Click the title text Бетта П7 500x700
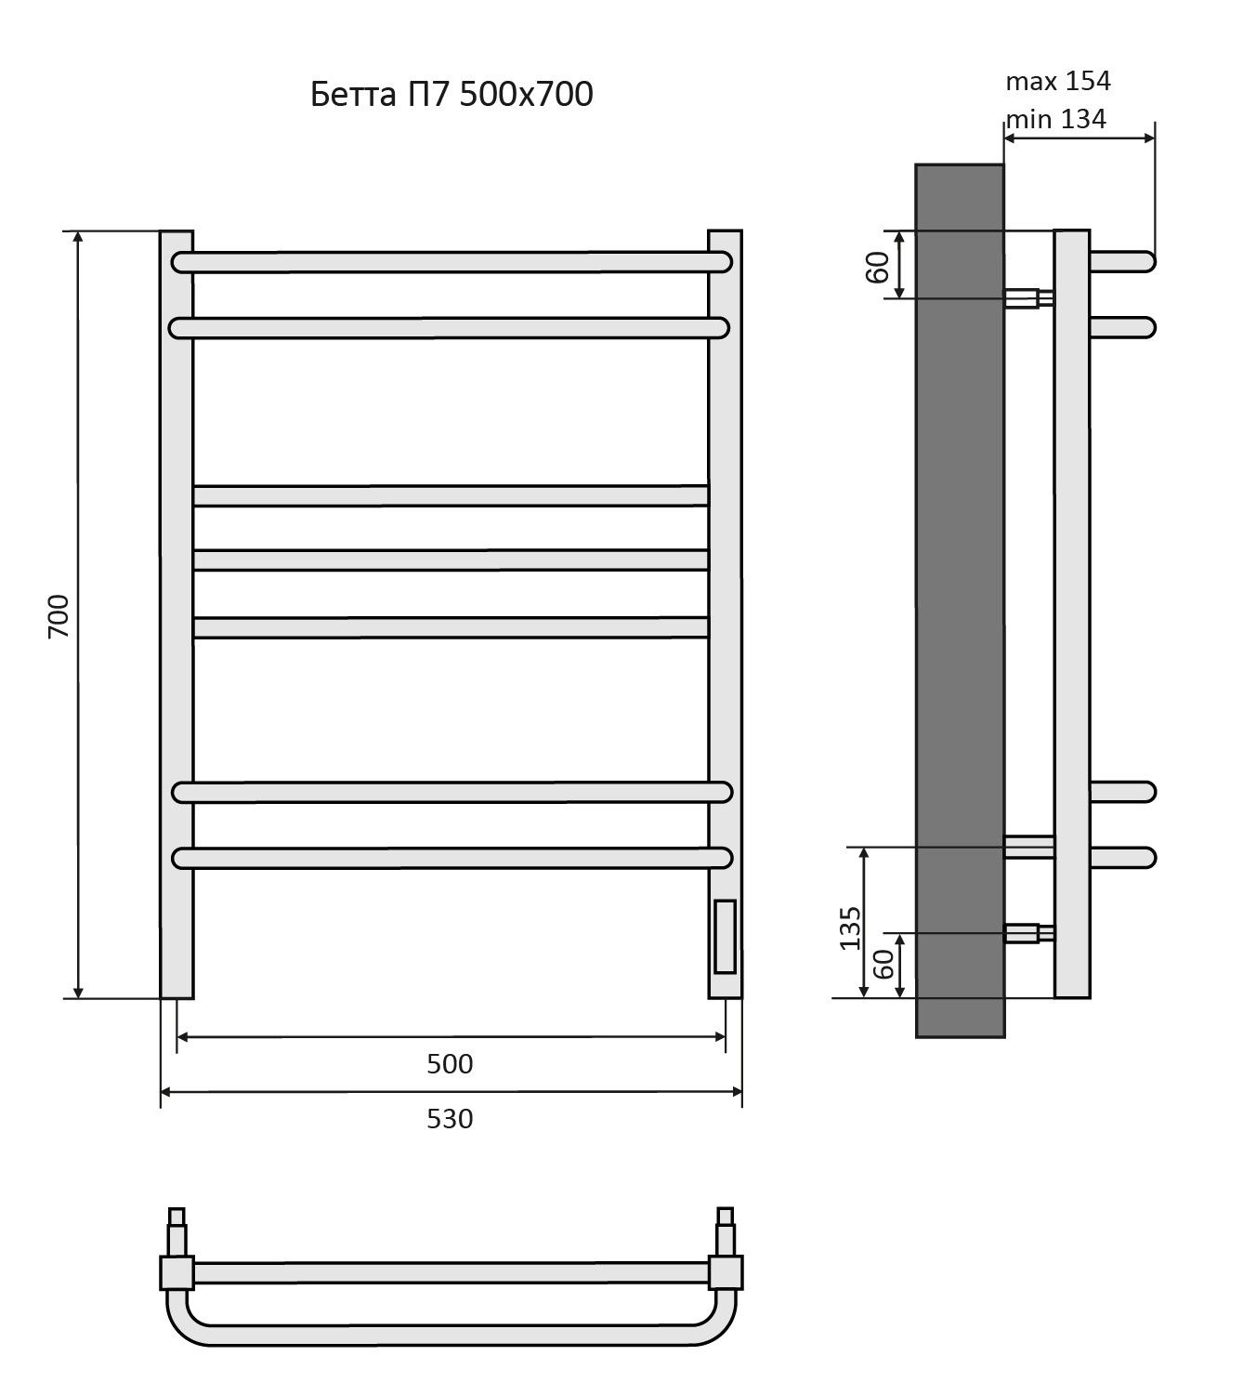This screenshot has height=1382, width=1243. pyautogui.click(x=451, y=95)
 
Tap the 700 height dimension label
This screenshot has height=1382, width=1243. pyautogui.click(x=59, y=616)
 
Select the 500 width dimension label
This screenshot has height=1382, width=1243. pyautogui.click(x=450, y=1064)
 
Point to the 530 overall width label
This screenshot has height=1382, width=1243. pyautogui.click(x=450, y=1120)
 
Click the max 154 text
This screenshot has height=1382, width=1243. pyautogui.click(x=1058, y=81)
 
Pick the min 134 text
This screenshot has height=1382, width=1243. pyautogui.click(x=1055, y=119)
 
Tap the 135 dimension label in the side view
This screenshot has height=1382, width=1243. pyautogui.click(x=850, y=928)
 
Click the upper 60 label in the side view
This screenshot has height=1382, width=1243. pyautogui.click(x=878, y=268)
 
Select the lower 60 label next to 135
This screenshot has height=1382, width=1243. pyautogui.click(x=883, y=964)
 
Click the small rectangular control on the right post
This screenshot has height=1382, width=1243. pyautogui.click(x=726, y=937)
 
